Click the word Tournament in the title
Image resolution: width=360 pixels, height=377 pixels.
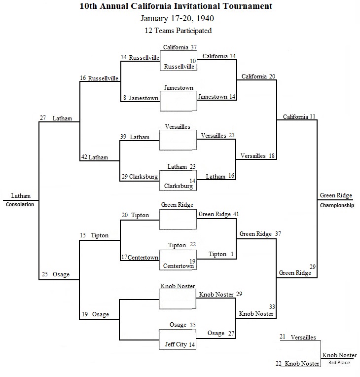[x=248, y=6]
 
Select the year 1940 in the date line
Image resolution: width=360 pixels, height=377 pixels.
[x=205, y=19]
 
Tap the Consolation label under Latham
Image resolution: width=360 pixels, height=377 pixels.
[x=20, y=204]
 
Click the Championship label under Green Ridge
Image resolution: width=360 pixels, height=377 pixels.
[x=337, y=205]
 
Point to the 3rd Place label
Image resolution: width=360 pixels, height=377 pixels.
[x=339, y=363]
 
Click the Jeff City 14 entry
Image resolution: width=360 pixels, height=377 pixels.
[x=180, y=344]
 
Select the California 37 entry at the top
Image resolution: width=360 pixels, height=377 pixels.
[x=180, y=47]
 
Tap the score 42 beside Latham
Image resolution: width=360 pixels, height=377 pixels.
[x=84, y=157]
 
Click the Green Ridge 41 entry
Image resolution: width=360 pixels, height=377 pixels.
[x=218, y=214]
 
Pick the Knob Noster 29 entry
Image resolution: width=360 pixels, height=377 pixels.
[x=220, y=294]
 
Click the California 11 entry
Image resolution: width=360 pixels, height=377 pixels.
[x=299, y=116]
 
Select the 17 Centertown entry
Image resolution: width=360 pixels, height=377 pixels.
[x=140, y=257]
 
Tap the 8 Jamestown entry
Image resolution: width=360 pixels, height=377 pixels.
[x=141, y=98]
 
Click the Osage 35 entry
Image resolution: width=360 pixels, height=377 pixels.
[x=182, y=325]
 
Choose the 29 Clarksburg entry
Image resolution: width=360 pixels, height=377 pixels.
[x=140, y=177]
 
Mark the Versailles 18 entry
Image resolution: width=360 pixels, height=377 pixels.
[x=257, y=156]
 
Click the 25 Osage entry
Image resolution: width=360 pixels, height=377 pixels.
[x=56, y=274]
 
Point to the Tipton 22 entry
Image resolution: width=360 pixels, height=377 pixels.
[x=182, y=245]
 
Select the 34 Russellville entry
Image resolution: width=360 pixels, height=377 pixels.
[x=140, y=57]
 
